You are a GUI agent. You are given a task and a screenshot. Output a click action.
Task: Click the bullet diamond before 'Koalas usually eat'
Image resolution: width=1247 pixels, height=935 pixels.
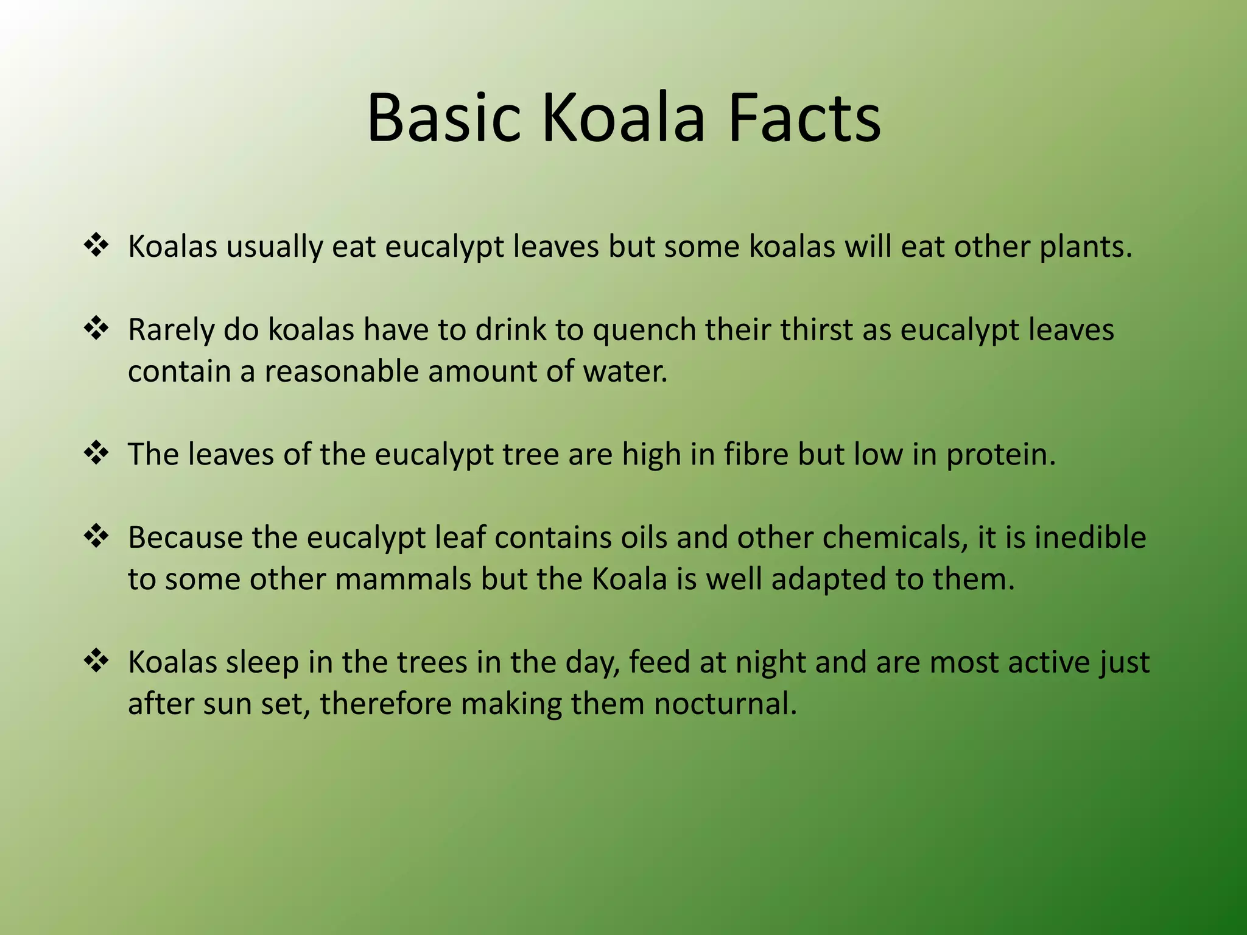pyautogui.click(x=96, y=246)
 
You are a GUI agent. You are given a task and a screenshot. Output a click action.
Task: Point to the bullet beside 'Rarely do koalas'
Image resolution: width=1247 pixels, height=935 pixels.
pyautogui.click(x=96, y=329)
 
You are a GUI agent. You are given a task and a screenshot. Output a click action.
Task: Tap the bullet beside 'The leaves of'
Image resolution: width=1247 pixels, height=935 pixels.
pyautogui.click(x=96, y=453)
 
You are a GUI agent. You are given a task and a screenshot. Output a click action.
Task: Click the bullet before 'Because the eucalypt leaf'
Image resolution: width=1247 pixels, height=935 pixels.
pyautogui.click(x=96, y=537)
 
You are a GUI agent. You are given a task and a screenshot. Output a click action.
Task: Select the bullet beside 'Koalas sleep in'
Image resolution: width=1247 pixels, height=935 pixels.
pyautogui.click(x=96, y=661)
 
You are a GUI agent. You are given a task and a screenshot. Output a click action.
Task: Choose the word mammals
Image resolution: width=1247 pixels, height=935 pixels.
pyautogui.click(x=403, y=579)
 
